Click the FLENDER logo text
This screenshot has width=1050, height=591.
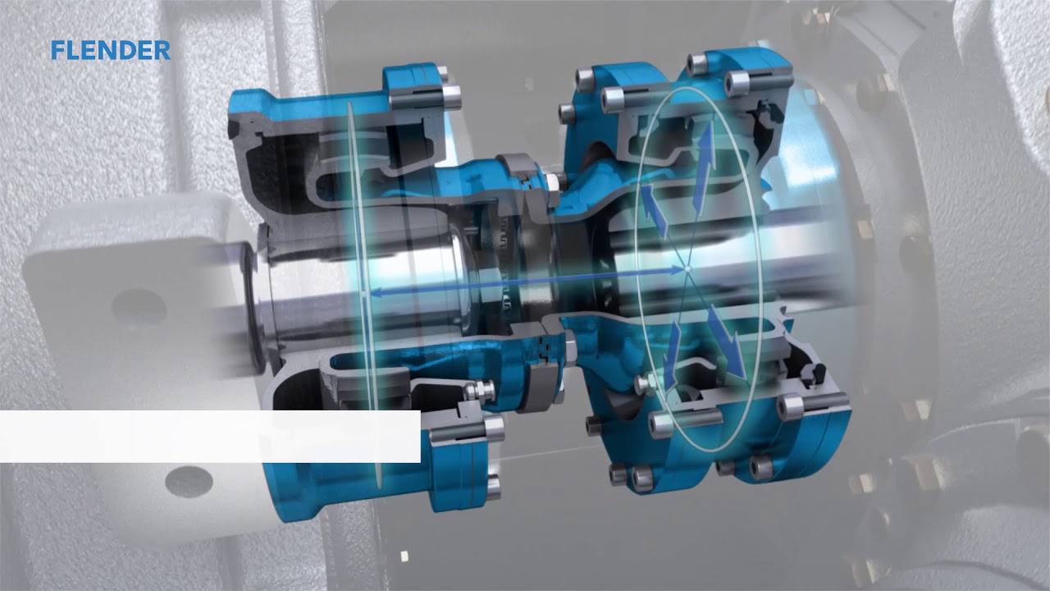pos(110,51)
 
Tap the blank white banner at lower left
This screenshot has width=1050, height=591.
pos(209,436)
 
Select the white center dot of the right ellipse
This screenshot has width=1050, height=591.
pos(687,268)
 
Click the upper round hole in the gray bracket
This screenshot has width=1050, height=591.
pos(139,306)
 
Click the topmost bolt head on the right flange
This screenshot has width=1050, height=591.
pos(699,61)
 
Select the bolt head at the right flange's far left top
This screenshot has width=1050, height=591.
pos(585,79)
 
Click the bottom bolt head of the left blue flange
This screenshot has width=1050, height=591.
pos(492,488)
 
